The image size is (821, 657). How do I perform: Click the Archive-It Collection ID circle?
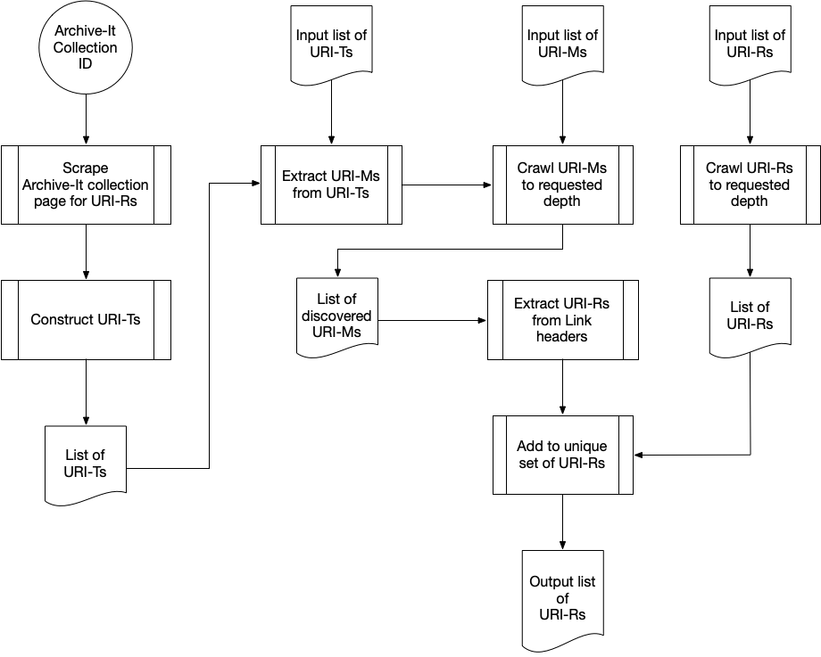85,49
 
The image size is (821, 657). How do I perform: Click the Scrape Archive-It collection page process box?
86,185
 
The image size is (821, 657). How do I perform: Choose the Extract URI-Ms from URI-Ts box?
330,185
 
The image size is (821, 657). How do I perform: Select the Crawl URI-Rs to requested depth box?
749,185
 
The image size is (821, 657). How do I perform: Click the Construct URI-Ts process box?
86,319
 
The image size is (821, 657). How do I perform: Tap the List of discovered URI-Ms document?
336,316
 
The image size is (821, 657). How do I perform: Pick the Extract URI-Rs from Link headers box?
562,319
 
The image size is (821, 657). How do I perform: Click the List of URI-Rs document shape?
750,316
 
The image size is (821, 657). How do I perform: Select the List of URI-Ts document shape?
86,464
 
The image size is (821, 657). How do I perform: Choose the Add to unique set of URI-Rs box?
562,454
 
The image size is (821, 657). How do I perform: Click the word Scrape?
86,168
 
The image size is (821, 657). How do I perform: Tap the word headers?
562,336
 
